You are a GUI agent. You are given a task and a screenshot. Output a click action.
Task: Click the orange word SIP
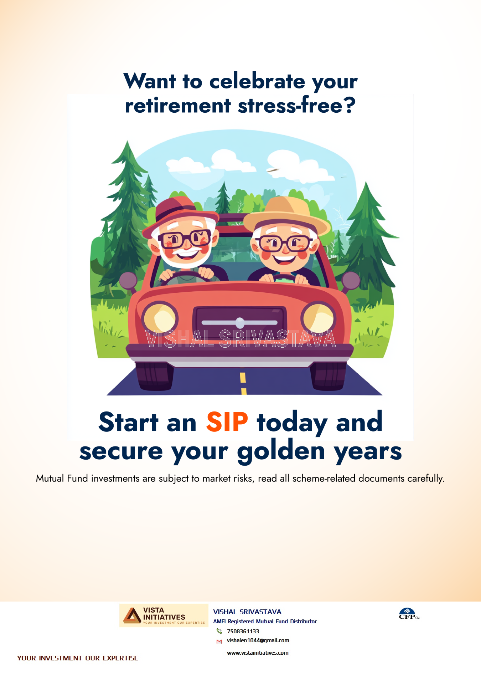(x=227, y=422)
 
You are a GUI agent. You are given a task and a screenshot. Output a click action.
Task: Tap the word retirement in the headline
(x=178, y=106)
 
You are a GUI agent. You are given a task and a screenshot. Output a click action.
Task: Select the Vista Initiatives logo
(x=164, y=615)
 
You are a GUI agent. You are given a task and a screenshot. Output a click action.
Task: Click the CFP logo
(x=409, y=614)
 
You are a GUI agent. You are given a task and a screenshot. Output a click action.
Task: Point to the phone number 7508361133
(x=243, y=631)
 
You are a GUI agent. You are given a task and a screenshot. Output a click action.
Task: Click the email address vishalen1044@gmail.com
(x=258, y=640)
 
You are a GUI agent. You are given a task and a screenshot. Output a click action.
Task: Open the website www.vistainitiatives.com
(x=258, y=653)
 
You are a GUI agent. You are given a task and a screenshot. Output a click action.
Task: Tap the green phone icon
(x=219, y=631)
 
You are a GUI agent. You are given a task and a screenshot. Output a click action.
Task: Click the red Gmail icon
(x=219, y=641)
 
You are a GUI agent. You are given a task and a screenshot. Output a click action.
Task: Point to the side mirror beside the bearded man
(x=128, y=281)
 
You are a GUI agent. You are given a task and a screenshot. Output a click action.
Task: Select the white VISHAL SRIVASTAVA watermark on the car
(x=240, y=339)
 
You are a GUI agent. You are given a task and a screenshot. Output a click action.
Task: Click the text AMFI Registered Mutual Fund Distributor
(x=265, y=621)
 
